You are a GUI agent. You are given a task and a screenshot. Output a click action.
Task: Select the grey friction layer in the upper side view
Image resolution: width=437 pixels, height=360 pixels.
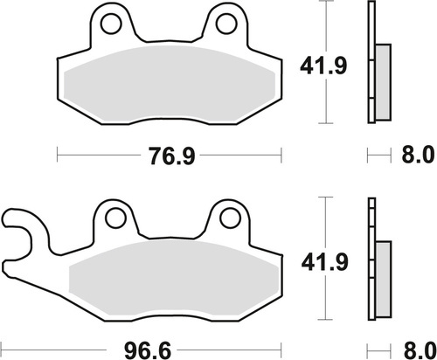[x=383, y=82]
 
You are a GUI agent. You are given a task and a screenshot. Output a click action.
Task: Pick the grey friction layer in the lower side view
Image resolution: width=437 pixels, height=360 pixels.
[x=383, y=280]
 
